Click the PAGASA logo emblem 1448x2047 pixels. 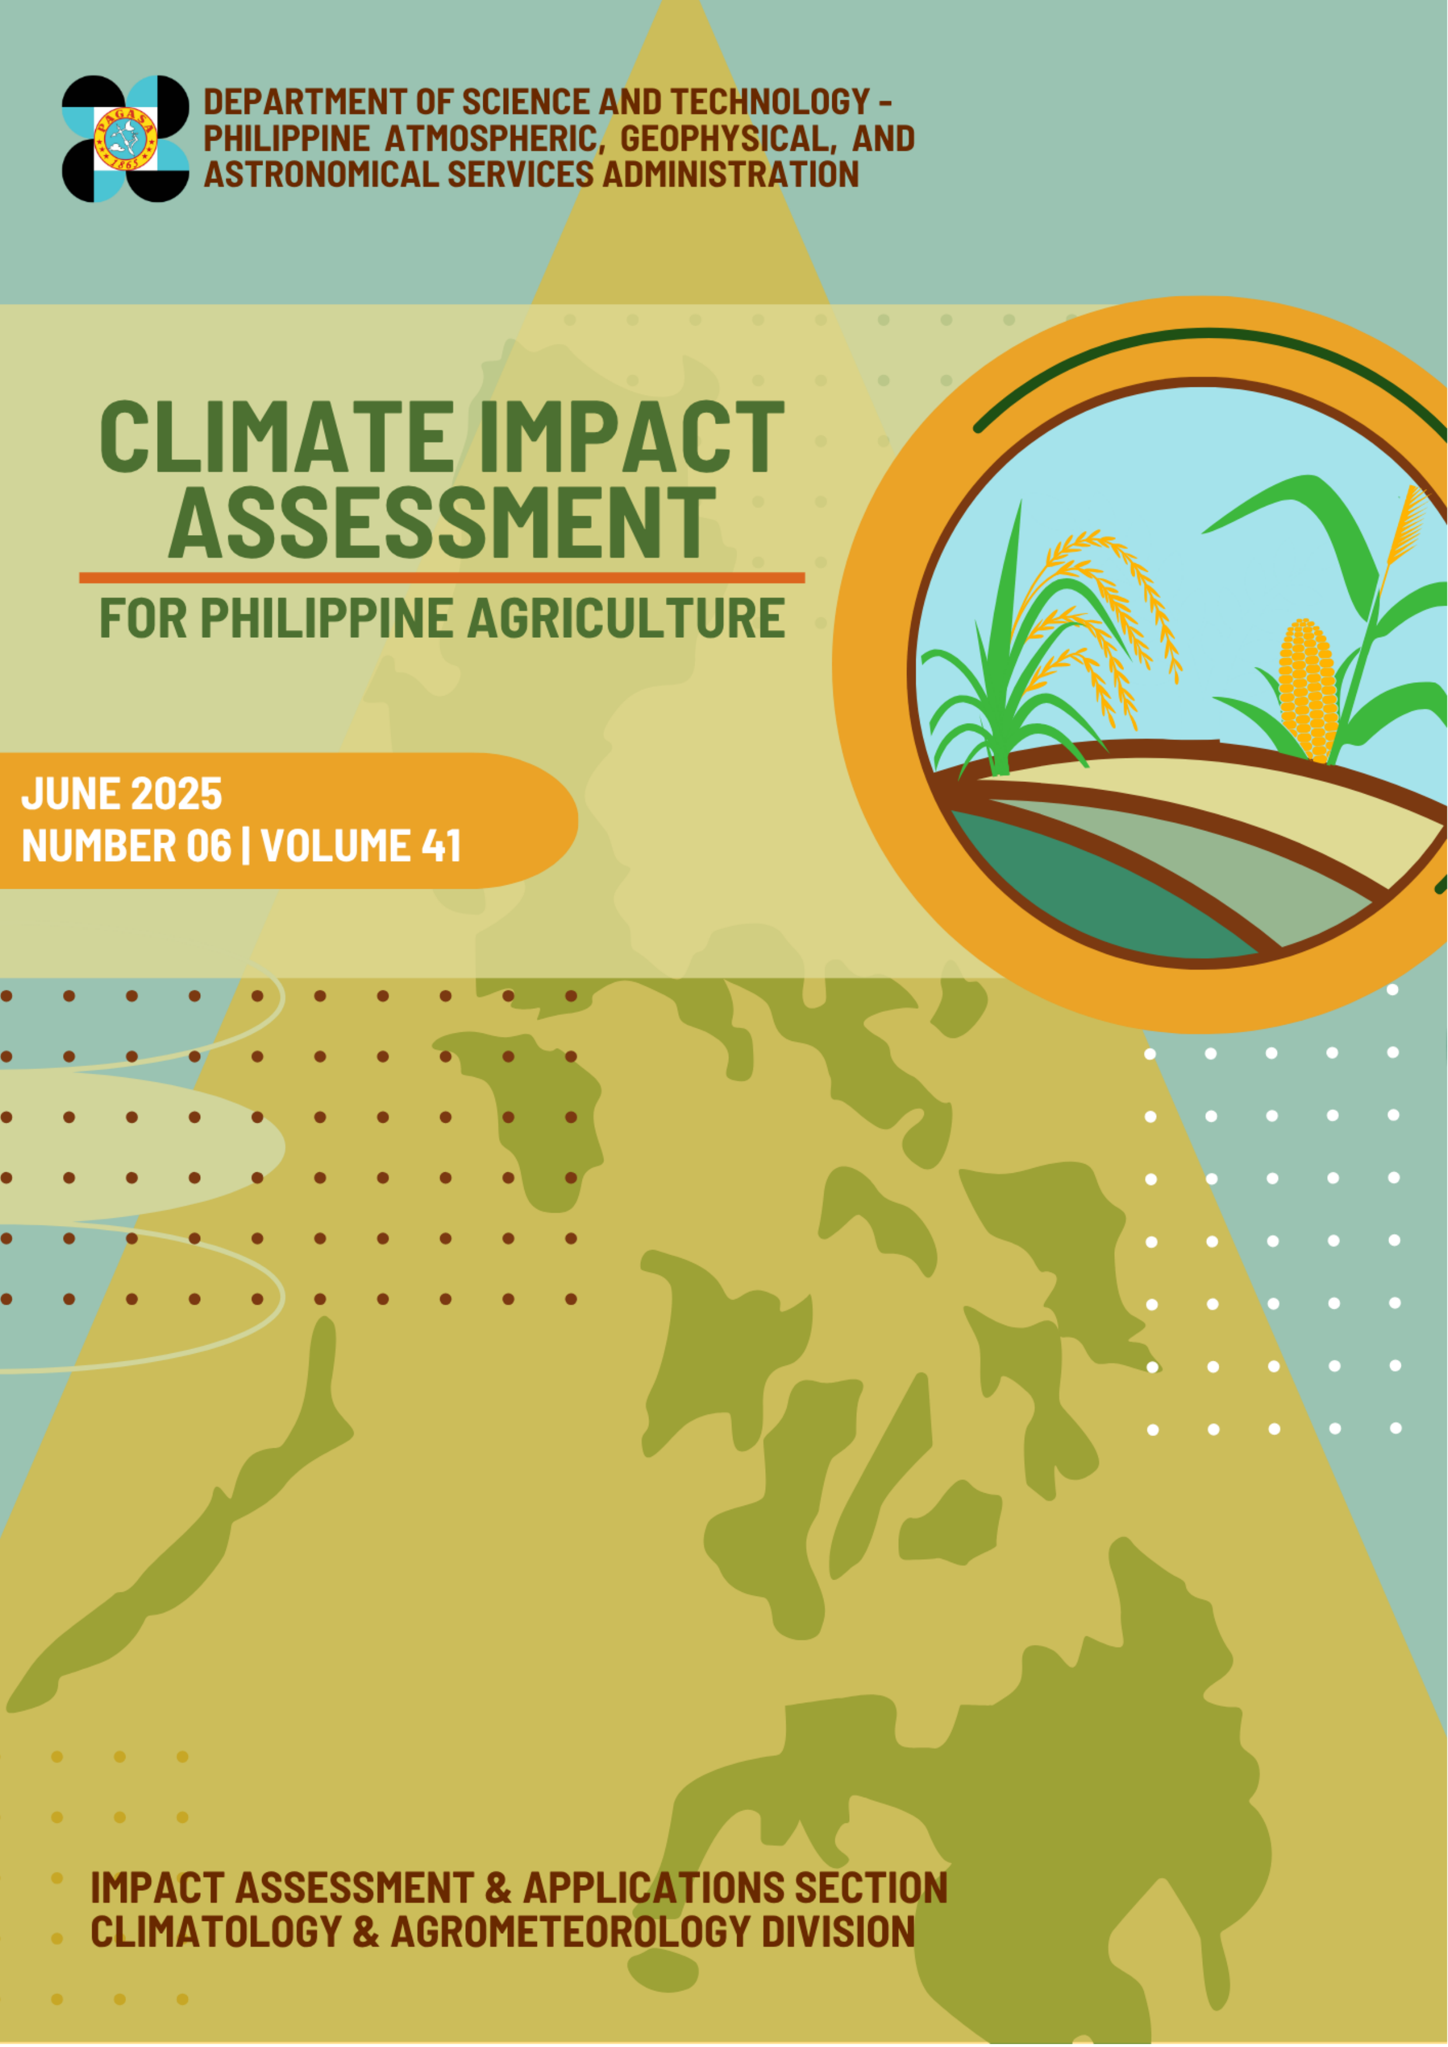tap(125, 138)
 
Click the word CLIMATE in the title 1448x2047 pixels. tap(277, 437)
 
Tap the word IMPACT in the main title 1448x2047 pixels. tap(631, 437)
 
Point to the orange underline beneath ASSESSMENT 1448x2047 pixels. tap(442, 578)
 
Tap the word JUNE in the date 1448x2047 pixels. tap(71, 794)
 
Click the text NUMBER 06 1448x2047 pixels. tap(127, 845)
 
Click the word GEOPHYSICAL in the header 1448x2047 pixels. tap(728, 138)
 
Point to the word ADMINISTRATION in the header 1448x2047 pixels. tap(731, 174)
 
